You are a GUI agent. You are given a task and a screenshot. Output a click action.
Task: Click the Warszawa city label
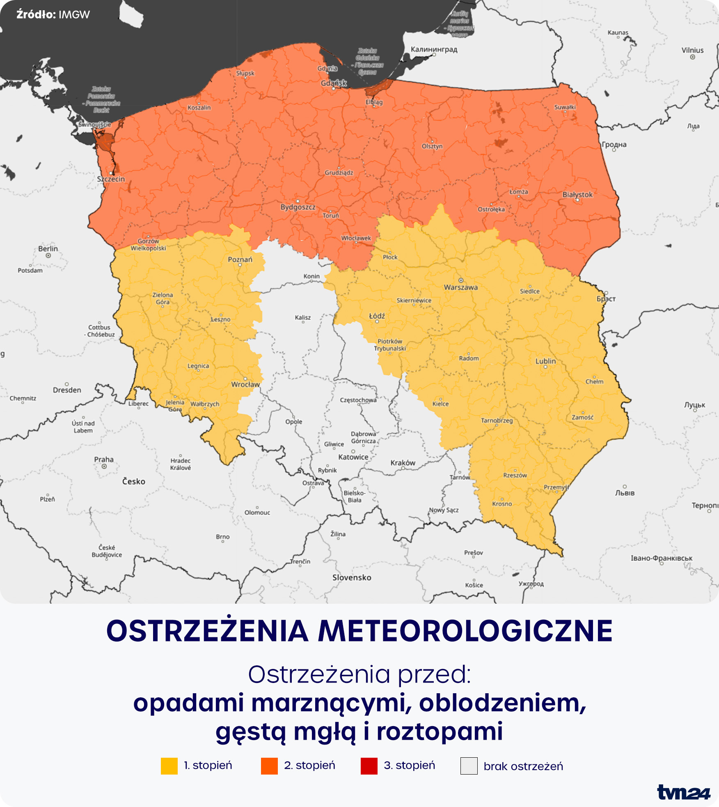click(x=460, y=287)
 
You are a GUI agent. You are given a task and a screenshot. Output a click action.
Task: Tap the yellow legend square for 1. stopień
click(x=169, y=766)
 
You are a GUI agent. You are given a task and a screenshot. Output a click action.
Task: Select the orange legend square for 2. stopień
click(x=269, y=766)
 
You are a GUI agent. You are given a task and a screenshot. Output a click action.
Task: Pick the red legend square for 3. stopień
click(x=369, y=766)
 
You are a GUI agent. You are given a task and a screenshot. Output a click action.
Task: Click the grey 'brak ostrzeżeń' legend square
click(x=469, y=766)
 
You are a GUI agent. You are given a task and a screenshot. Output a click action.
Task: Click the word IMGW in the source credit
click(x=74, y=15)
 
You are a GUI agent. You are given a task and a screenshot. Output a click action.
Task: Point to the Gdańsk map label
click(x=334, y=83)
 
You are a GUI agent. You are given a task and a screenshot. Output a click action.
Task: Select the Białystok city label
click(x=577, y=195)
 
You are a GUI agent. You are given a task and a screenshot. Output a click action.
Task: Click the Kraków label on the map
click(x=403, y=463)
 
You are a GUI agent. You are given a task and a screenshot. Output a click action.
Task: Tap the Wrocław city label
click(x=245, y=384)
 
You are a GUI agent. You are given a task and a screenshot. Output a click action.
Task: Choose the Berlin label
click(x=48, y=249)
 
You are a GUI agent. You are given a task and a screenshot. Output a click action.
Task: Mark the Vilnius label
click(x=692, y=51)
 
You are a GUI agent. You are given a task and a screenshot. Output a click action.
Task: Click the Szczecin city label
click(x=111, y=179)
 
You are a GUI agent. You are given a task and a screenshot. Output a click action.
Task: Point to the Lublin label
click(x=545, y=361)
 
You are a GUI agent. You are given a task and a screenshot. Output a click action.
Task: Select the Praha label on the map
click(x=104, y=460)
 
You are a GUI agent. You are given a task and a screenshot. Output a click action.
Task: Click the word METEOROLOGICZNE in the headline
click(x=465, y=631)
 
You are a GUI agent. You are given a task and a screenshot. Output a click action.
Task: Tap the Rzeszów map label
click(x=515, y=476)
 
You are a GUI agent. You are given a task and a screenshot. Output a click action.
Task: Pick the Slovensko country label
click(x=352, y=578)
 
